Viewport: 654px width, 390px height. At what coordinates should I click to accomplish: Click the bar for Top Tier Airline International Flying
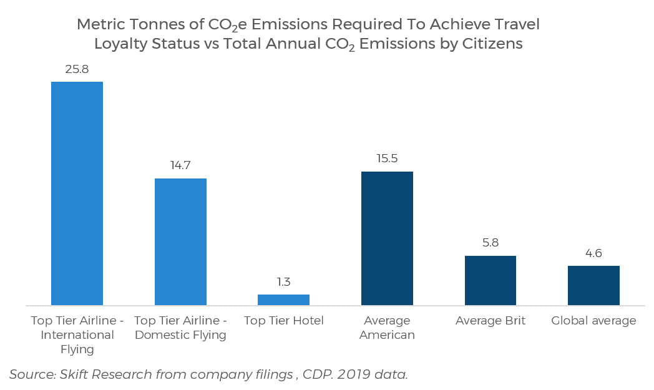pos(77,193)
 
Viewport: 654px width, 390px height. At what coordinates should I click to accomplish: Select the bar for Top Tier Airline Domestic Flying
pos(180,241)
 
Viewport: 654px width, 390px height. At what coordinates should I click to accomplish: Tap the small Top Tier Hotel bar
pos(283,300)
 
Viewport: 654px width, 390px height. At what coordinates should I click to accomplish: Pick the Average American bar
pos(387,238)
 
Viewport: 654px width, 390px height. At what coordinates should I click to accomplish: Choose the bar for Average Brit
pos(490,280)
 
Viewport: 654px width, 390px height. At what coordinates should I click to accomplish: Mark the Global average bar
pos(593,285)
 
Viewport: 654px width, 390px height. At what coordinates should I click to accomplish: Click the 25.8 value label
pos(77,69)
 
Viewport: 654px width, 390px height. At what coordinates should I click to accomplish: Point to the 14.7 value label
pos(180,166)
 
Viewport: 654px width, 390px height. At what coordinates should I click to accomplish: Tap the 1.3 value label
pos(283,282)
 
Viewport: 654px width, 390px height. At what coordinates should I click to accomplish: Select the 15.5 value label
pos(387,158)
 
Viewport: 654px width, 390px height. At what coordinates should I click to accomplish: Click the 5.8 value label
pos(490,243)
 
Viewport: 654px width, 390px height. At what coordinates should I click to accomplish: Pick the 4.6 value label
pos(593,253)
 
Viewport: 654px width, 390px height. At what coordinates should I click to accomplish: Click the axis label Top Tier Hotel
pos(284,321)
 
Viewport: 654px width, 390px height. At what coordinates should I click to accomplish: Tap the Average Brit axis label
pos(490,321)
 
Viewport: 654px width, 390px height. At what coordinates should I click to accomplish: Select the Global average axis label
pos(593,321)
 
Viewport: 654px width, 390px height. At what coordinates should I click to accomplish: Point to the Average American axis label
pos(387,328)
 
